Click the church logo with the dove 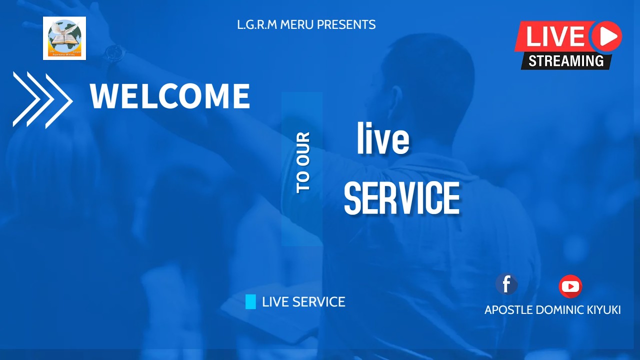64,38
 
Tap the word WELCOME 170,96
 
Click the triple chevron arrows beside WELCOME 42,99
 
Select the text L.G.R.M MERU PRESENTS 306,24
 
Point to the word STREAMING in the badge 566,61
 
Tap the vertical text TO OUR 303,162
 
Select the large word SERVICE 402,198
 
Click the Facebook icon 506,284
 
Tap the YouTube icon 570,286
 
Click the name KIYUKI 604,310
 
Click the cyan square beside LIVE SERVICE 250,301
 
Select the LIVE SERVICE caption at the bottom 303,302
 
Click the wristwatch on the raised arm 115,53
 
